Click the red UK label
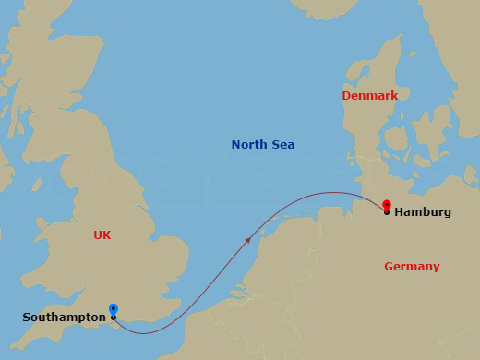(102, 235)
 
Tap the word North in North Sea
(248, 145)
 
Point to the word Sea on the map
(282, 145)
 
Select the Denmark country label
(369, 96)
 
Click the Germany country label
(412, 267)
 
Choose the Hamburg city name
(423, 212)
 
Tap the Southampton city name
(64, 318)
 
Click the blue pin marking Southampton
(113, 310)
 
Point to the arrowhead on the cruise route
(248, 240)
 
